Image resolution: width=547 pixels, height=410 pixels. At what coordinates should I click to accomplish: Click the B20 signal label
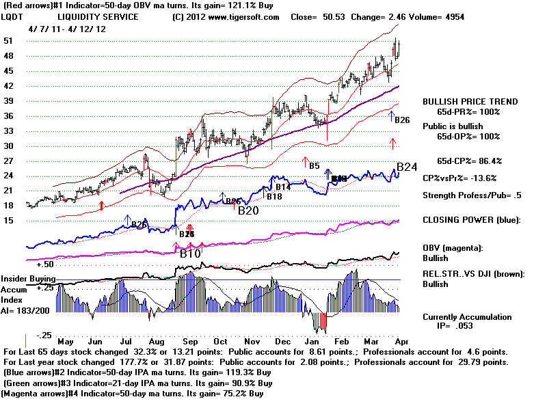[x=248, y=210]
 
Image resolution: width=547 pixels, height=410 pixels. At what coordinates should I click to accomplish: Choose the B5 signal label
[x=314, y=165]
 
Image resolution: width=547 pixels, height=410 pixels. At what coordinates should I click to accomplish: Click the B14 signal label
[x=283, y=187]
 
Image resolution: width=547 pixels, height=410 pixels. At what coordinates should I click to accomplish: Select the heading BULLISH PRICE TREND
[x=470, y=101]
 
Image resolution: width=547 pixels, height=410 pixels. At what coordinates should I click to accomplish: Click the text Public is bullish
[x=452, y=126]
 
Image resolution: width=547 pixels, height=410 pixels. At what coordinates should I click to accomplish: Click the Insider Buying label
[x=28, y=279]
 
